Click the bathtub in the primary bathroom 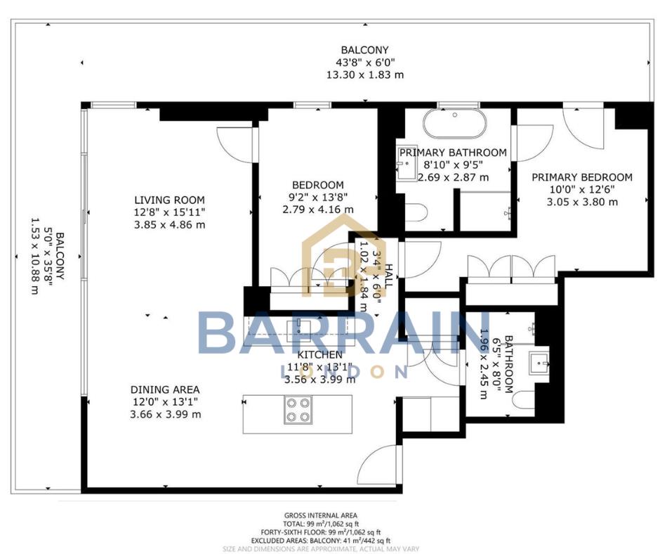(x=454, y=124)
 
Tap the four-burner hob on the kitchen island (x=297, y=409)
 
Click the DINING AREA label (x=164, y=389)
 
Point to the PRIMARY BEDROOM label (x=581, y=178)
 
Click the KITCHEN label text (x=319, y=355)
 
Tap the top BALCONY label (x=364, y=50)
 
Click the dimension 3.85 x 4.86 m (x=169, y=224)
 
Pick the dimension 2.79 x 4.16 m (x=318, y=210)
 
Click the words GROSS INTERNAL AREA (x=319, y=515)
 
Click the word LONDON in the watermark (x=344, y=371)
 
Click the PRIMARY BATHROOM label (x=453, y=153)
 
